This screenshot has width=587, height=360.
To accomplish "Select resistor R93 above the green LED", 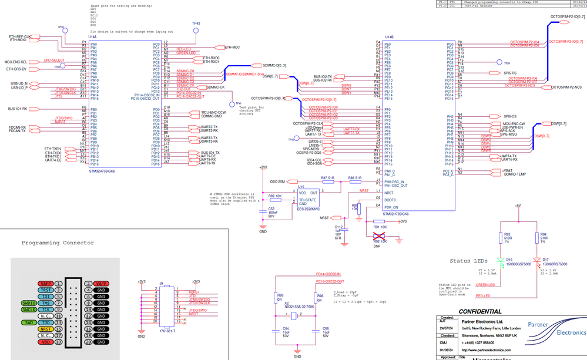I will click(x=501, y=237).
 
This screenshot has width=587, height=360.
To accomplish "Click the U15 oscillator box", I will click(x=308, y=198).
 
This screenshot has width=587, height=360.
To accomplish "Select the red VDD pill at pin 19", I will click(x=46, y=342).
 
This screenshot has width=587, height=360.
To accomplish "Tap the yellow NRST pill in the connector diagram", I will click(x=46, y=329).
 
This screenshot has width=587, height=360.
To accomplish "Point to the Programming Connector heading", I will click(x=58, y=243).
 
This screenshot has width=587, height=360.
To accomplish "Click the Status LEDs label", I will click(x=468, y=261).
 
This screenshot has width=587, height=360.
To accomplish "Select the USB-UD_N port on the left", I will click(x=36, y=84).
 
